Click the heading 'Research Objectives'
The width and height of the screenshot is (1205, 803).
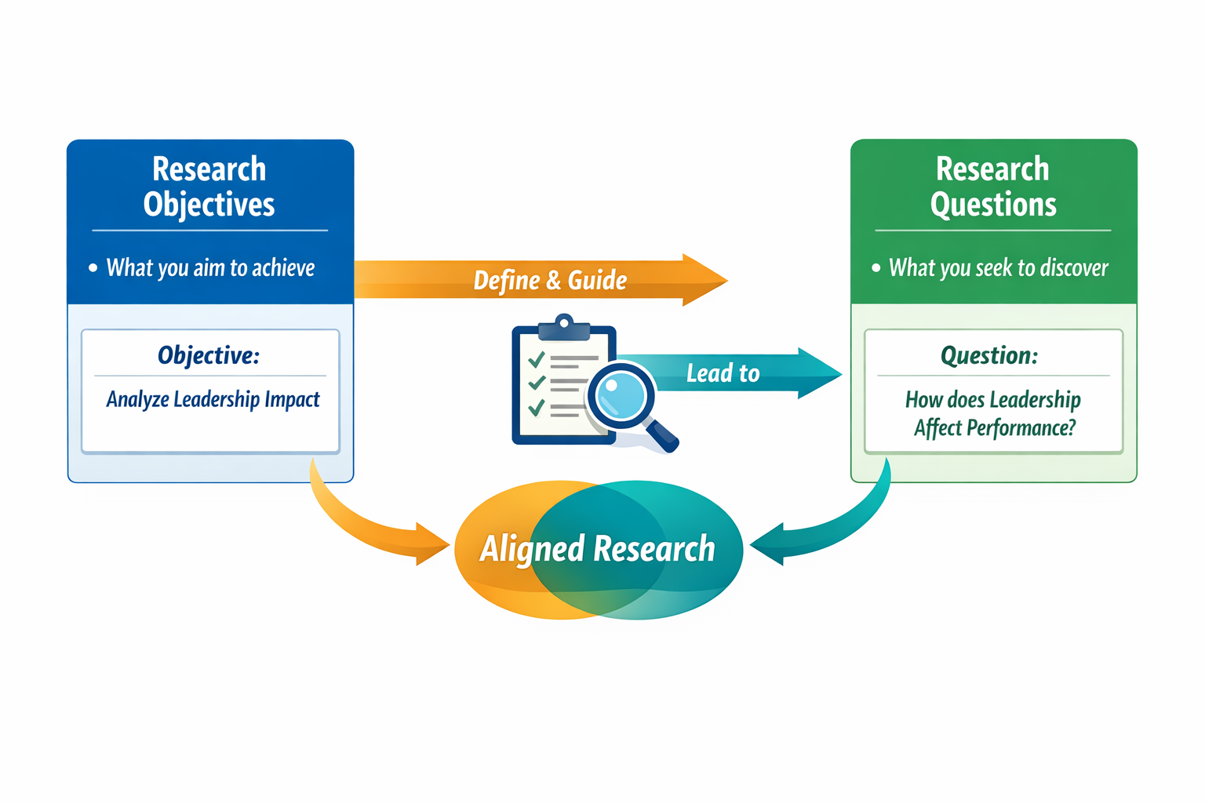coord(209,187)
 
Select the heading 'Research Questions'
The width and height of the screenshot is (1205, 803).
coord(993,187)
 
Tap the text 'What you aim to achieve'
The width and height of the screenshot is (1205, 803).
coord(210,268)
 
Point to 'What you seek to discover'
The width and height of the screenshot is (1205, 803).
coord(998,268)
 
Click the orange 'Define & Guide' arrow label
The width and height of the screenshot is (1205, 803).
coord(550,280)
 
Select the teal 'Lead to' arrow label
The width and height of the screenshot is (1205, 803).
coord(723,373)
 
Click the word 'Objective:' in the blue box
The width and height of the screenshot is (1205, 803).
coord(209,355)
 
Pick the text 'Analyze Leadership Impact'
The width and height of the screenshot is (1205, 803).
coord(213,400)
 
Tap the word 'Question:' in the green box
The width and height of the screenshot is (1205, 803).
coord(989,355)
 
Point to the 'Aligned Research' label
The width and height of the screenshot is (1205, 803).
coord(597,548)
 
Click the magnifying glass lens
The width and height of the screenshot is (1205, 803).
coord(621,394)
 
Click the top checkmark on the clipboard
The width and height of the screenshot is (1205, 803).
coord(537,359)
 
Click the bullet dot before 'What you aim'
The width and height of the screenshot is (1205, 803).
coord(93,268)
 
